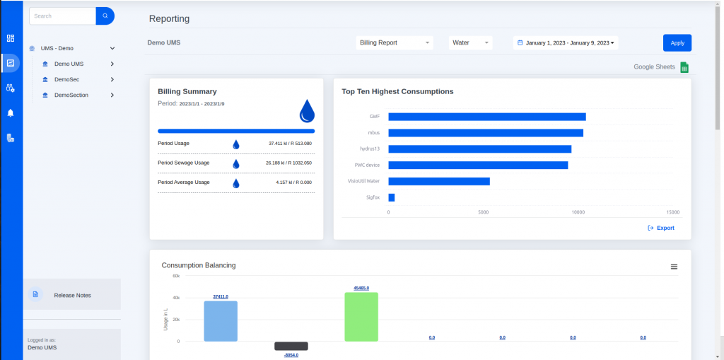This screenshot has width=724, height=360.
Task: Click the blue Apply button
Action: [677, 43]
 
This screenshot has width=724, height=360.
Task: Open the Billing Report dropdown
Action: [395, 43]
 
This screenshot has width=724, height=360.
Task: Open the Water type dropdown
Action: [470, 43]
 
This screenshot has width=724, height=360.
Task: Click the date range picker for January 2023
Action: [566, 43]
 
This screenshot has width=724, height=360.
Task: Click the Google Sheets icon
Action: [684, 67]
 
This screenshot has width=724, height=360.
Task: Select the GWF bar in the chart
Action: [486, 117]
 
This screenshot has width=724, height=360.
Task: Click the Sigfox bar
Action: [391, 197]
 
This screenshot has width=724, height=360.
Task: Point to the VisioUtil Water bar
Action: [438, 181]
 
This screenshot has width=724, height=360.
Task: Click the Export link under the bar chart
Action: [661, 228]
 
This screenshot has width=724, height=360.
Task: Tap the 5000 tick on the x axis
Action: [484, 211]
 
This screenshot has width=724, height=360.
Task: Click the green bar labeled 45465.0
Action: [361, 316]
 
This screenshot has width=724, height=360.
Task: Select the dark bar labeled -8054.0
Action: [291, 346]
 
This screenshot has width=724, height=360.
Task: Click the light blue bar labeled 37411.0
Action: [221, 320]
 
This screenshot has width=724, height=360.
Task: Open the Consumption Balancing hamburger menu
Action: [674, 267]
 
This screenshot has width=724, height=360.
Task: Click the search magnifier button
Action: [105, 16]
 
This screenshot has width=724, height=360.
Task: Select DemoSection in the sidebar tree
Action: [71, 95]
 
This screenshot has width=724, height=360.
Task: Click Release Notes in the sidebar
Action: [72, 295]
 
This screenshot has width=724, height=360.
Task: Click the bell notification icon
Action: [11, 112]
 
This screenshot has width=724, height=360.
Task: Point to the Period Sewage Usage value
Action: [288, 163]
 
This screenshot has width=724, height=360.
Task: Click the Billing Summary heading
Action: [187, 91]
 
